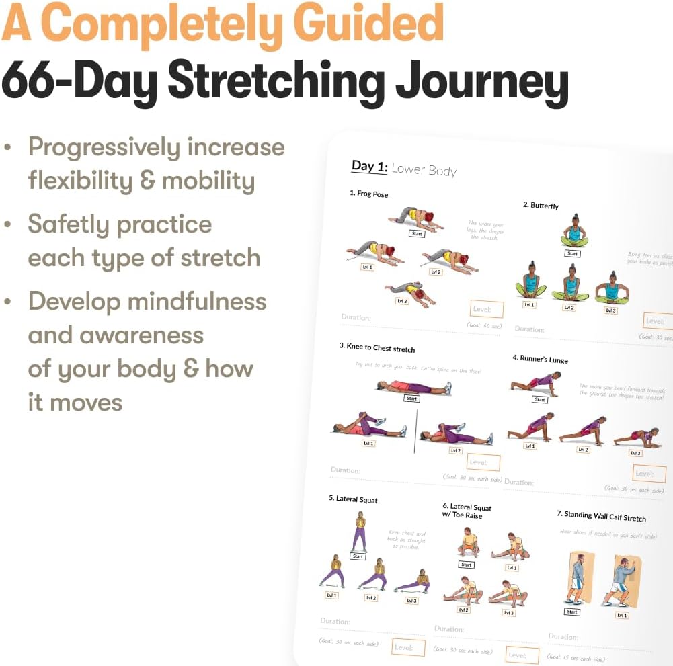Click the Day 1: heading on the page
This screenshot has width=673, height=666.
369,167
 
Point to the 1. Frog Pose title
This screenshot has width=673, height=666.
368,194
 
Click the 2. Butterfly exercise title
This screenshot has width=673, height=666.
541,205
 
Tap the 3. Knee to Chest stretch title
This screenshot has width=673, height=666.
377,348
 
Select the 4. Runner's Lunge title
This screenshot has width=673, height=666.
540,359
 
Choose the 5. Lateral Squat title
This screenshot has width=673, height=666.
353,499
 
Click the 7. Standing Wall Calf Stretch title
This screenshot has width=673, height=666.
601,516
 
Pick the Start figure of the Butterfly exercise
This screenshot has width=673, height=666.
573,233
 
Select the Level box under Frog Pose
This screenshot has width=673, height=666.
486,309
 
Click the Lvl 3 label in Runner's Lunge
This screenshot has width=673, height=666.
635,453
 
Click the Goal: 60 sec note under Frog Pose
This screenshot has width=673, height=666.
485,325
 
